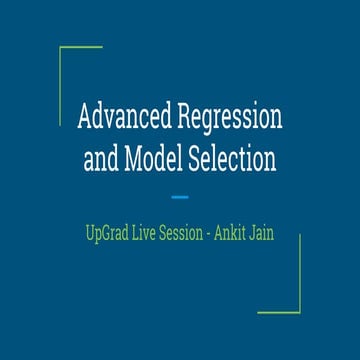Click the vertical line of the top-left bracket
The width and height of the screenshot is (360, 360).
click(x=60, y=85)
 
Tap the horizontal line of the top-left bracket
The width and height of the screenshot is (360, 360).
click(x=81, y=47)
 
